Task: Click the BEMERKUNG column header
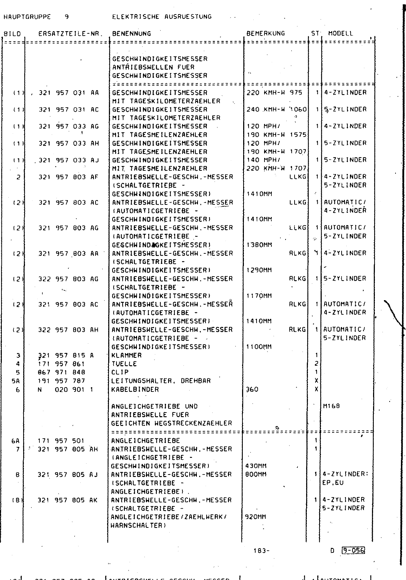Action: click(x=266, y=33)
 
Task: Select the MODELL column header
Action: click(x=341, y=33)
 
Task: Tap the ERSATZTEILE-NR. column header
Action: click(x=71, y=34)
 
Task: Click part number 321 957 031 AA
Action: click(x=69, y=92)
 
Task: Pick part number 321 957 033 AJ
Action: click(x=69, y=160)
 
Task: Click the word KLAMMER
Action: click(x=127, y=355)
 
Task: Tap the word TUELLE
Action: click(x=124, y=364)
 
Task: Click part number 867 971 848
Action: click(x=62, y=372)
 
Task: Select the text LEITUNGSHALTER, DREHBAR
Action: click(x=161, y=381)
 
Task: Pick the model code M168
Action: click(x=332, y=406)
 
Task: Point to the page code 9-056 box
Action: click(x=353, y=551)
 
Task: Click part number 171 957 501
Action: click(x=61, y=441)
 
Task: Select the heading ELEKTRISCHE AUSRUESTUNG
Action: click(x=162, y=16)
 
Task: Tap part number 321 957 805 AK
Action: click(x=68, y=500)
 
